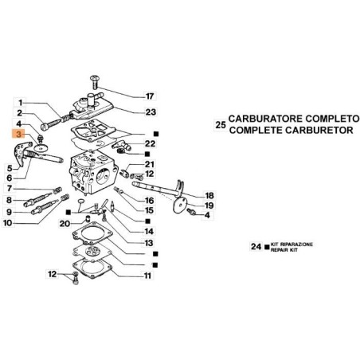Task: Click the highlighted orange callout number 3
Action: [x=18, y=135]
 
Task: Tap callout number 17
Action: [x=150, y=96]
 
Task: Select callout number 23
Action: [x=151, y=112]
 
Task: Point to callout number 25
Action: [x=221, y=125]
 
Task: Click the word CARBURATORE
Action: [x=265, y=119]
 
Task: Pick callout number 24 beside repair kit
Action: [x=256, y=247]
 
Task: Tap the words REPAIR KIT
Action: [x=284, y=250]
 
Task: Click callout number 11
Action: [x=147, y=276]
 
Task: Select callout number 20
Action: [x=65, y=224]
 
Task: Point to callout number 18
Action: [x=209, y=196]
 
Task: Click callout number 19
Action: [x=209, y=205]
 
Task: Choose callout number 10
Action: [x=8, y=223]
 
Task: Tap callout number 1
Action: [x=21, y=103]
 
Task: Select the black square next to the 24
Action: [x=267, y=247]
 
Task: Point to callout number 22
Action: [x=150, y=143]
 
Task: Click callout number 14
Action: [x=149, y=232]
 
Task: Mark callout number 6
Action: [x=10, y=178]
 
